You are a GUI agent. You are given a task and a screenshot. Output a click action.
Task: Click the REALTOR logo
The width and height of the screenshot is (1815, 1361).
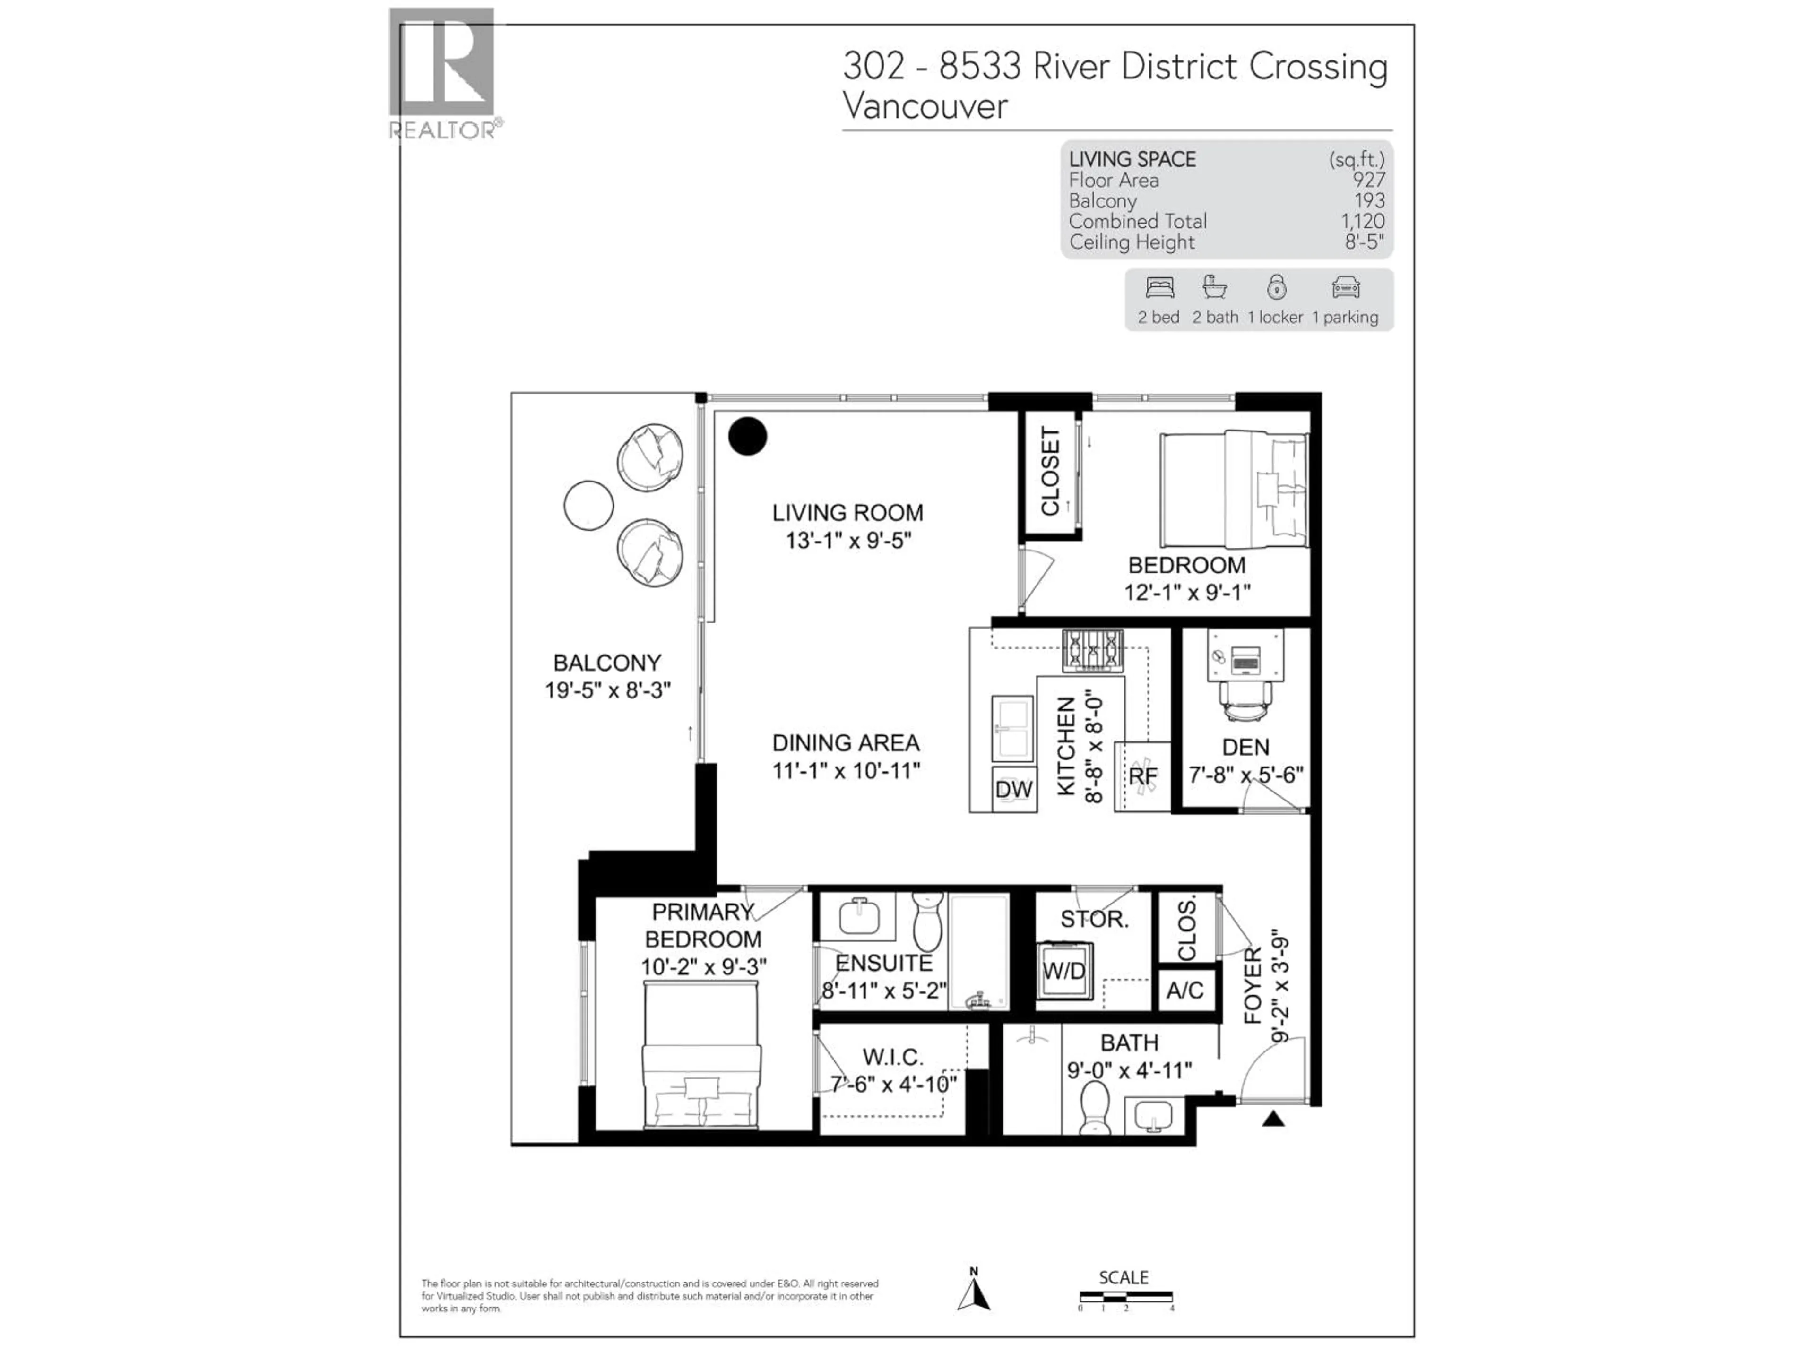pos(442,72)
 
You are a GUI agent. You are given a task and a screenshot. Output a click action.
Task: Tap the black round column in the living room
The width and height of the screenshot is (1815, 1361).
pos(747,436)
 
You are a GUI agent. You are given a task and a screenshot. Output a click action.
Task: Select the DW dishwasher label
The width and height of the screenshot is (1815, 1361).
pos(1013,789)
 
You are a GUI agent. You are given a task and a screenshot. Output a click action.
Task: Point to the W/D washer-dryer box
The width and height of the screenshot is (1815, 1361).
pos(1064,971)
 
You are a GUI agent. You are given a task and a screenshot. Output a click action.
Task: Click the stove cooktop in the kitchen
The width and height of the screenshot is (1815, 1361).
pos(1092,650)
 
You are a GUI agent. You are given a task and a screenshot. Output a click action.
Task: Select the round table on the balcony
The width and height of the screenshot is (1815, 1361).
pos(588,505)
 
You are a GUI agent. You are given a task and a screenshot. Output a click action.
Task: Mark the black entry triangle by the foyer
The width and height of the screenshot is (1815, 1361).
pos(1273,1119)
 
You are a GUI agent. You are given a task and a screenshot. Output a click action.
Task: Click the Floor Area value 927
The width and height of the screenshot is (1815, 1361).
pos(1369,181)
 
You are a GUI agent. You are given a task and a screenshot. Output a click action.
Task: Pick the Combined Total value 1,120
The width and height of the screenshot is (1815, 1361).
pos(1362,222)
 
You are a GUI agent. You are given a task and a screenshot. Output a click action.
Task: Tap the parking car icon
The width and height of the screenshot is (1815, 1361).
pos(1346,288)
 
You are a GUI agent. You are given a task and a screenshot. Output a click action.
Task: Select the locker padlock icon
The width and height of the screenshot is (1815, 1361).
pos(1276,287)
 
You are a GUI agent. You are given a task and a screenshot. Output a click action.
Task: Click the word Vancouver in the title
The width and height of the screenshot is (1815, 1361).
pos(925,107)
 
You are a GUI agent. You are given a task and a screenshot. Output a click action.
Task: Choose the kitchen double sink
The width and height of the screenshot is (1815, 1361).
pos(1012,729)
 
